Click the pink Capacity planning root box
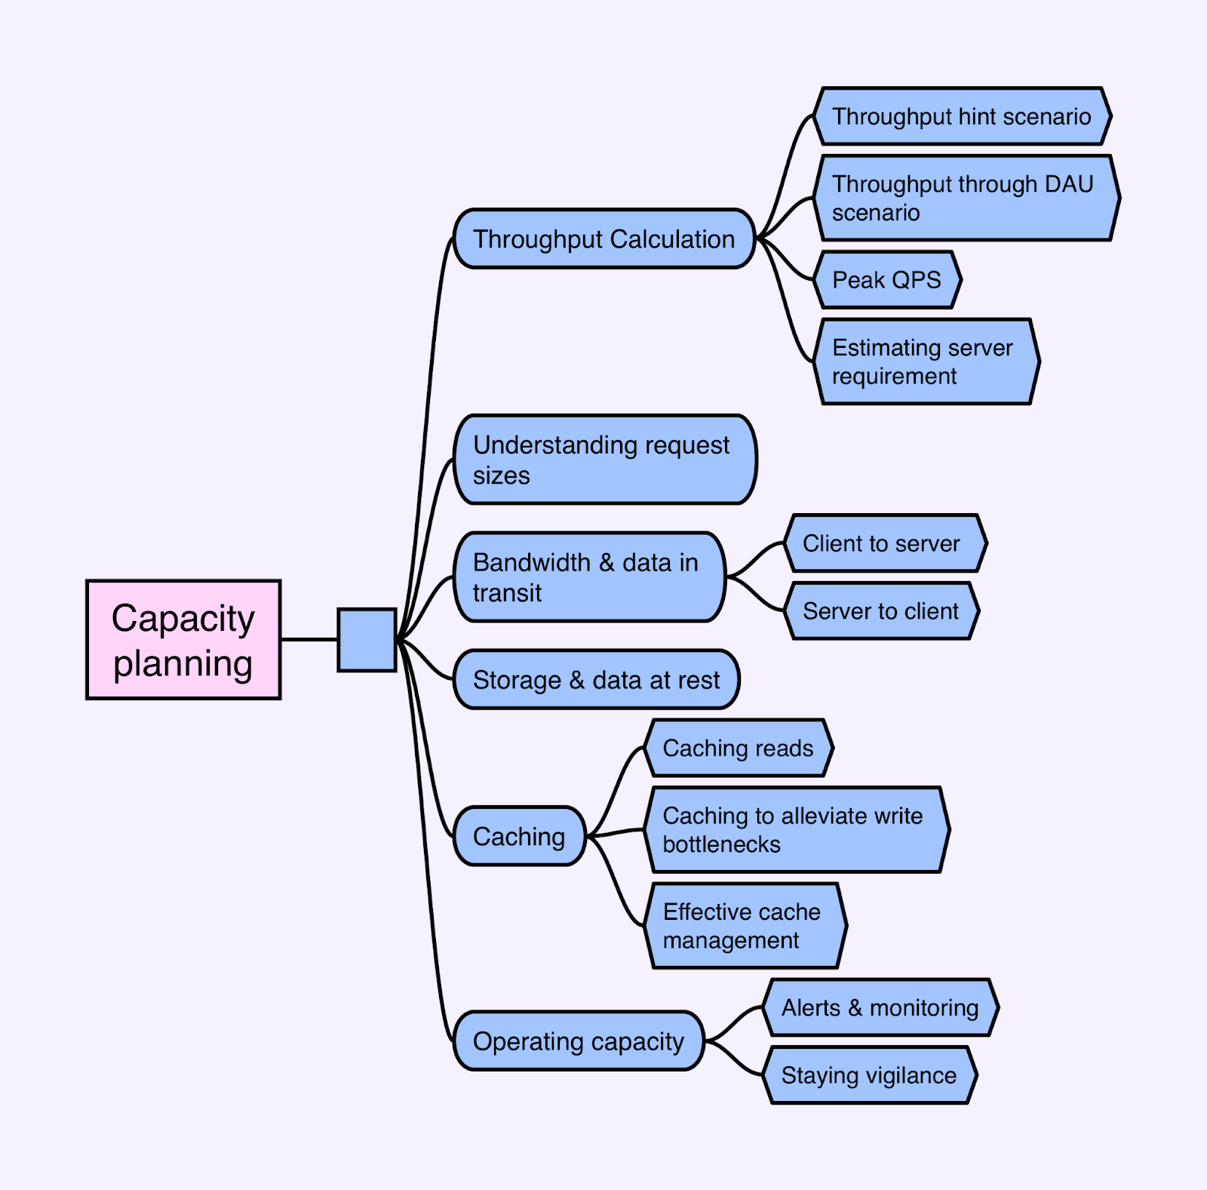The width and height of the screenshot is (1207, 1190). point(183,640)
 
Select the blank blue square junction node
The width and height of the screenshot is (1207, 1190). point(367,640)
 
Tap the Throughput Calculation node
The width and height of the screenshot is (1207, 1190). point(603,239)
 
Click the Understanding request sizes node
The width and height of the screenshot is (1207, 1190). point(603,460)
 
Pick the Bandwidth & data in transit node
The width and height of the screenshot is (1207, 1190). point(588,577)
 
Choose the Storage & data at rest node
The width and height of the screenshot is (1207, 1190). point(596,680)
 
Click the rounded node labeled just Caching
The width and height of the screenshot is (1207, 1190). point(519,836)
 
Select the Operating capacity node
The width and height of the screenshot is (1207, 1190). point(578,1041)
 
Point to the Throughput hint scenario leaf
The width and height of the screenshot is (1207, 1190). point(962,116)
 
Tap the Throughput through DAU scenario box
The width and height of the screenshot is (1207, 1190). point(966,198)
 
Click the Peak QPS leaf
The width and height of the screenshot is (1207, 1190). point(887,280)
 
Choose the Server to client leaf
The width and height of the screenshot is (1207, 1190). point(881,611)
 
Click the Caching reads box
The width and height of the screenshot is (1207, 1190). point(739,748)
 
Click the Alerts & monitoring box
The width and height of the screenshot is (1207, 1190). point(880,1007)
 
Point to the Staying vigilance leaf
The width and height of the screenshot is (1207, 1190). point(869,1075)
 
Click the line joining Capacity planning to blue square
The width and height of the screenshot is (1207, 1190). point(309,640)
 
